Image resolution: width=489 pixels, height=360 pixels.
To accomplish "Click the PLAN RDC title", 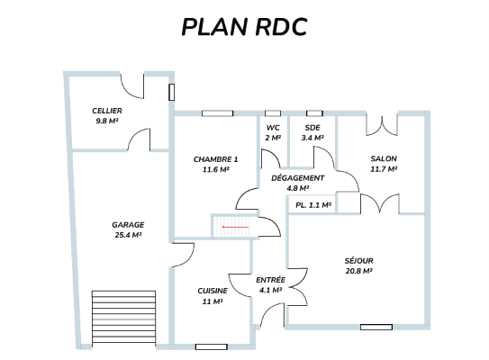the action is point(245,27).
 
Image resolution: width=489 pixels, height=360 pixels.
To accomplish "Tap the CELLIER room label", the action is point(107,111).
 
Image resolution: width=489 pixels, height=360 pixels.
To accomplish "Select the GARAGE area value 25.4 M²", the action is point(128,235).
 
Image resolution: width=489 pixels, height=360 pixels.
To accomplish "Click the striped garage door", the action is point(123,318).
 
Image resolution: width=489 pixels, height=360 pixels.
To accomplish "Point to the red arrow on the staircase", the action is point(235,227).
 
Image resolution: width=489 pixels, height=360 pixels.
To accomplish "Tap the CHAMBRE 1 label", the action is point(216,159).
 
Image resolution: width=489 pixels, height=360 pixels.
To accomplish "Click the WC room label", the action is point(273,128).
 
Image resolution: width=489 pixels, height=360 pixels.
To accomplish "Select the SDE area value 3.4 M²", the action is point(312,138).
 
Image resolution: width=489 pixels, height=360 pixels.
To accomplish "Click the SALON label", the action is point(384,158).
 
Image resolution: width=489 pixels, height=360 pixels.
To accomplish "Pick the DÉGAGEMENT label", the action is point(298,178).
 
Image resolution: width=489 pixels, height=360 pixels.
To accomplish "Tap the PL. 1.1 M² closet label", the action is point(313,205).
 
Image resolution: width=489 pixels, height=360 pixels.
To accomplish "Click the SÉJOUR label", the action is point(359,261).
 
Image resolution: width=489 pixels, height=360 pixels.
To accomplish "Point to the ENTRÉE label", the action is point(271,280).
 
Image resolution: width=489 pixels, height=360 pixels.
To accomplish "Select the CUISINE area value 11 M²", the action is point(213,301).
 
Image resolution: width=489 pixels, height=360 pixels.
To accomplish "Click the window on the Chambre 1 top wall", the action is point(217,113).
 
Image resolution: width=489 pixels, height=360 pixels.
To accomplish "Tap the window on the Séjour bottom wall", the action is point(376,327).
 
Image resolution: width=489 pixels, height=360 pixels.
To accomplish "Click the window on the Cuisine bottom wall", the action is point(212,346).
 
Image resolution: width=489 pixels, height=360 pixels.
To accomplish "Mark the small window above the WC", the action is point(273,113).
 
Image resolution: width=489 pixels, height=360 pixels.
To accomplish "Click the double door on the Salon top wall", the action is point(382,125).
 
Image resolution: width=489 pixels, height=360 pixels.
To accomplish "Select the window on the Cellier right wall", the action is point(171,93).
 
